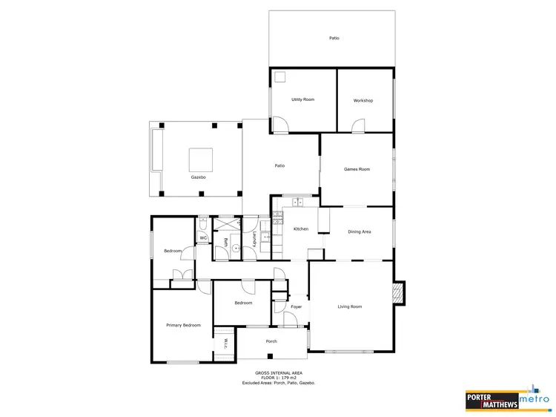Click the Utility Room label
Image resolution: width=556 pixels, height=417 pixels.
coord(302,99)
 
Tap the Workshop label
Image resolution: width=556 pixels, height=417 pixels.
coord(363,100)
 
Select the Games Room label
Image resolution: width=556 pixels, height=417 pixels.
coord(357,169)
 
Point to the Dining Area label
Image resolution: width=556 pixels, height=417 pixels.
coord(360,232)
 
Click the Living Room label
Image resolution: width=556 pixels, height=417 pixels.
coord(350,306)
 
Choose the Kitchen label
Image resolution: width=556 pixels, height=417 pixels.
coord(300,229)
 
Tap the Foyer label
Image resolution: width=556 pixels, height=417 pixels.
coord(297,306)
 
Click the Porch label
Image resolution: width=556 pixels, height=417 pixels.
coord(271,341)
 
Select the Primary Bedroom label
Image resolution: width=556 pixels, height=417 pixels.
coord(183,325)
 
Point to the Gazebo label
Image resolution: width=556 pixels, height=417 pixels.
coord(198,178)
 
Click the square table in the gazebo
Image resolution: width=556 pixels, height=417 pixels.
coord(200,160)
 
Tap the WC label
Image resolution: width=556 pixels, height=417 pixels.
coord(203,238)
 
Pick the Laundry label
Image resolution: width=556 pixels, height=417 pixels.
coord(254,240)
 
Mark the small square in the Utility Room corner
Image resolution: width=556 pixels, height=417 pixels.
coord(281,76)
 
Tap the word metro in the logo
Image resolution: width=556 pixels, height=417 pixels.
coord(534,399)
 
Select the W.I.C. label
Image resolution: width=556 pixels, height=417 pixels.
coord(225,345)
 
